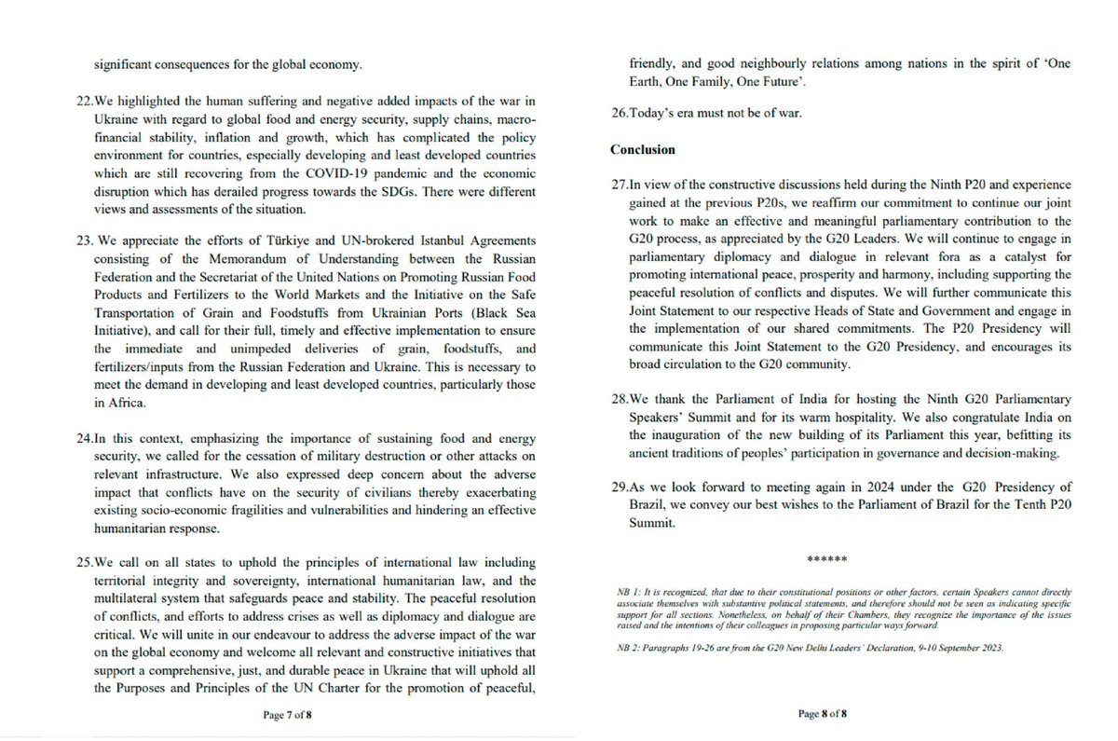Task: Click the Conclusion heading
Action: coord(644,149)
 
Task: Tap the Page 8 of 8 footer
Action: coord(822,714)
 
